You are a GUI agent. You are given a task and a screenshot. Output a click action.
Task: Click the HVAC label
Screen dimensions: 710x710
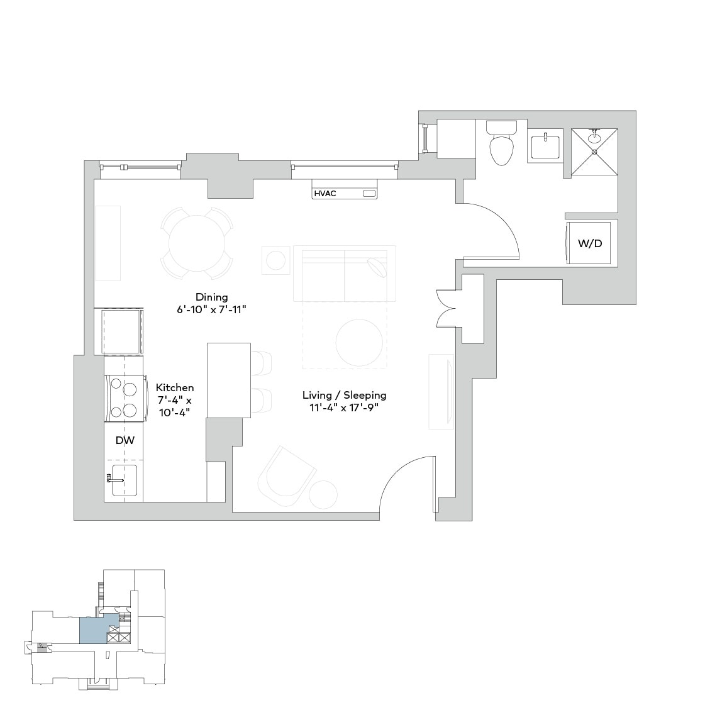click(324, 194)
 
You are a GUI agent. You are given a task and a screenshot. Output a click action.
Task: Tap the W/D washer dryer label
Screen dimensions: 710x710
click(589, 243)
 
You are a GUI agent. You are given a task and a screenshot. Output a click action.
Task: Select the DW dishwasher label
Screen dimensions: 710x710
click(125, 441)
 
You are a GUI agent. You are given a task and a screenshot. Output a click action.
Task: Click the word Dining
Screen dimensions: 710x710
click(211, 297)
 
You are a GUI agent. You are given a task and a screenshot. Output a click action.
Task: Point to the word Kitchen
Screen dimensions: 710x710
click(175, 387)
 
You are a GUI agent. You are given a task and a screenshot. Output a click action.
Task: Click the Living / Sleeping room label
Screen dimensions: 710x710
click(344, 395)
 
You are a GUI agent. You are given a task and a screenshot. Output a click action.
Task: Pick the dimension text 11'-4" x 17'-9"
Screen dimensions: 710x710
click(344, 408)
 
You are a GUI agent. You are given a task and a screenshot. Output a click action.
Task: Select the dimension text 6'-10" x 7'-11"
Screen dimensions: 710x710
click(211, 309)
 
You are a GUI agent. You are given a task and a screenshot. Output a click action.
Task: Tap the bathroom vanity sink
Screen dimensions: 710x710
click(545, 146)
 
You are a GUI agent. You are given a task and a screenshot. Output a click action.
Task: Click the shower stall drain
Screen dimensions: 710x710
click(594, 152)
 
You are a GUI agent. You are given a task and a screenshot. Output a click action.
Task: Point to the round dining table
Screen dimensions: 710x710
click(196, 243)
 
